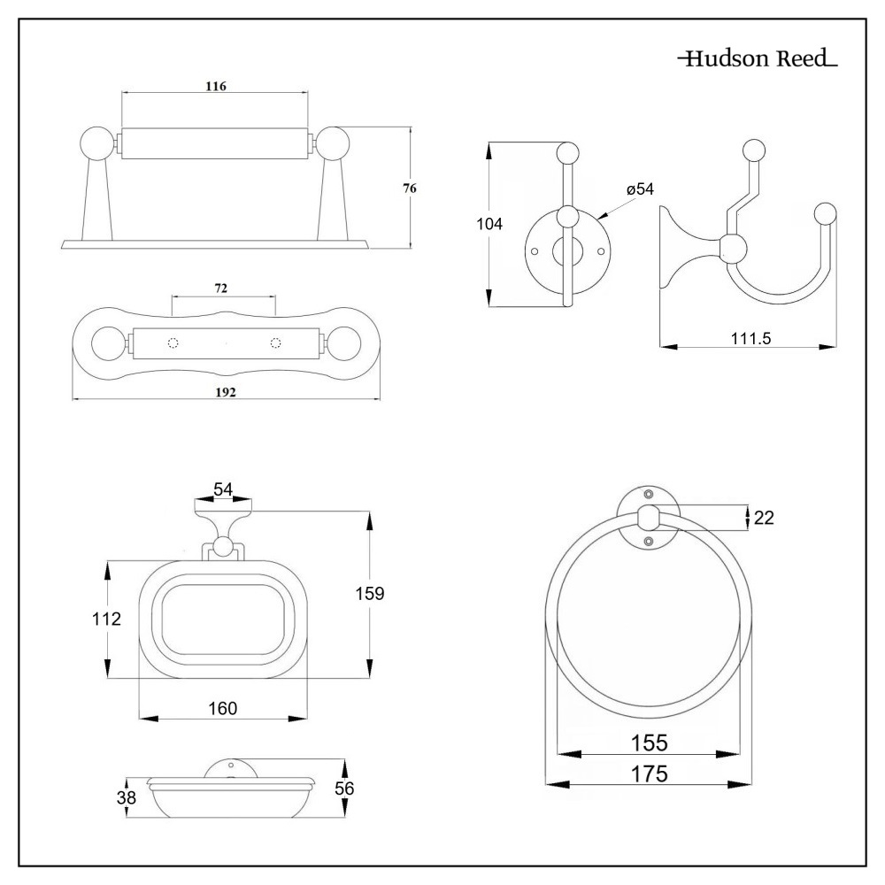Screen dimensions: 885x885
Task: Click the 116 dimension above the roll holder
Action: pos(216,86)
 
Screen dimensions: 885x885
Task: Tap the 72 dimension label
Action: pos(222,289)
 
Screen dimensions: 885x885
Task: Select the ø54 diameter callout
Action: pos(639,189)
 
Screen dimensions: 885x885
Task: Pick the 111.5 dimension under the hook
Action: pos(748,337)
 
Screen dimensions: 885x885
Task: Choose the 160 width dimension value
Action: pos(223,708)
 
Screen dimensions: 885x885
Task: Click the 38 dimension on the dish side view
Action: pos(127,798)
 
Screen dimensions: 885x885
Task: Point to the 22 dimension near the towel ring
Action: pos(764,518)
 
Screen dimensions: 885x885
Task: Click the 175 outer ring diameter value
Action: pos(649,773)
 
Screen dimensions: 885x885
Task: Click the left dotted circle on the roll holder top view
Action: pos(173,342)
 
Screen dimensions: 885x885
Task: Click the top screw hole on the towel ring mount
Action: pos(648,493)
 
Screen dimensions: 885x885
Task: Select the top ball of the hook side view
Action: pos(753,149)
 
